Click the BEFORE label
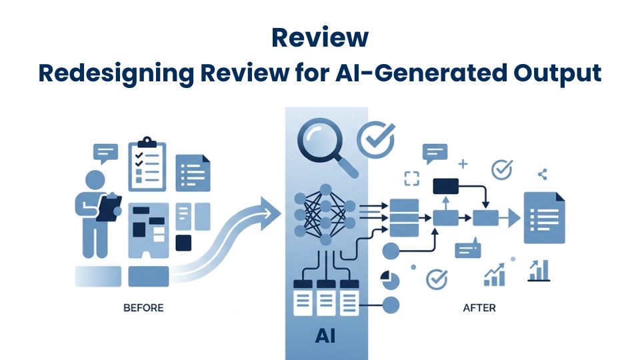pos(143,308)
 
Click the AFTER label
pos(479,308)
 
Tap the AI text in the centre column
pos(325,337)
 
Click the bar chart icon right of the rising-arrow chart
pos(538,271)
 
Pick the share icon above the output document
pos(541,175)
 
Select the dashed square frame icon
pos(412,178)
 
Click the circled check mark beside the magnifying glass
pos(375,139)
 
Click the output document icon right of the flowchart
pos(544,217)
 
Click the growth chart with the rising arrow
pos(494,273)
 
